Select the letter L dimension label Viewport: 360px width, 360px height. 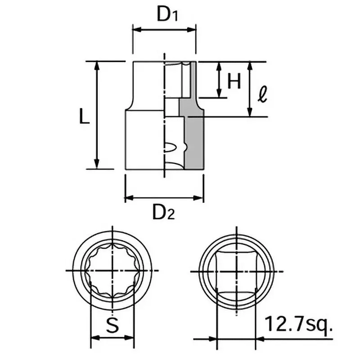(83, 117)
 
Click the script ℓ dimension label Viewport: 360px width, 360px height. (263, 94)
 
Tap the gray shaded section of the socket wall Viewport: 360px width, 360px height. (193, 135)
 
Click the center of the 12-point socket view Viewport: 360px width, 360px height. (111, 270)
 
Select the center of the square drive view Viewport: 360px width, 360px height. (236, 271)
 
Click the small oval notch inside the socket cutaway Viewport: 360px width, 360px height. (170, 146)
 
